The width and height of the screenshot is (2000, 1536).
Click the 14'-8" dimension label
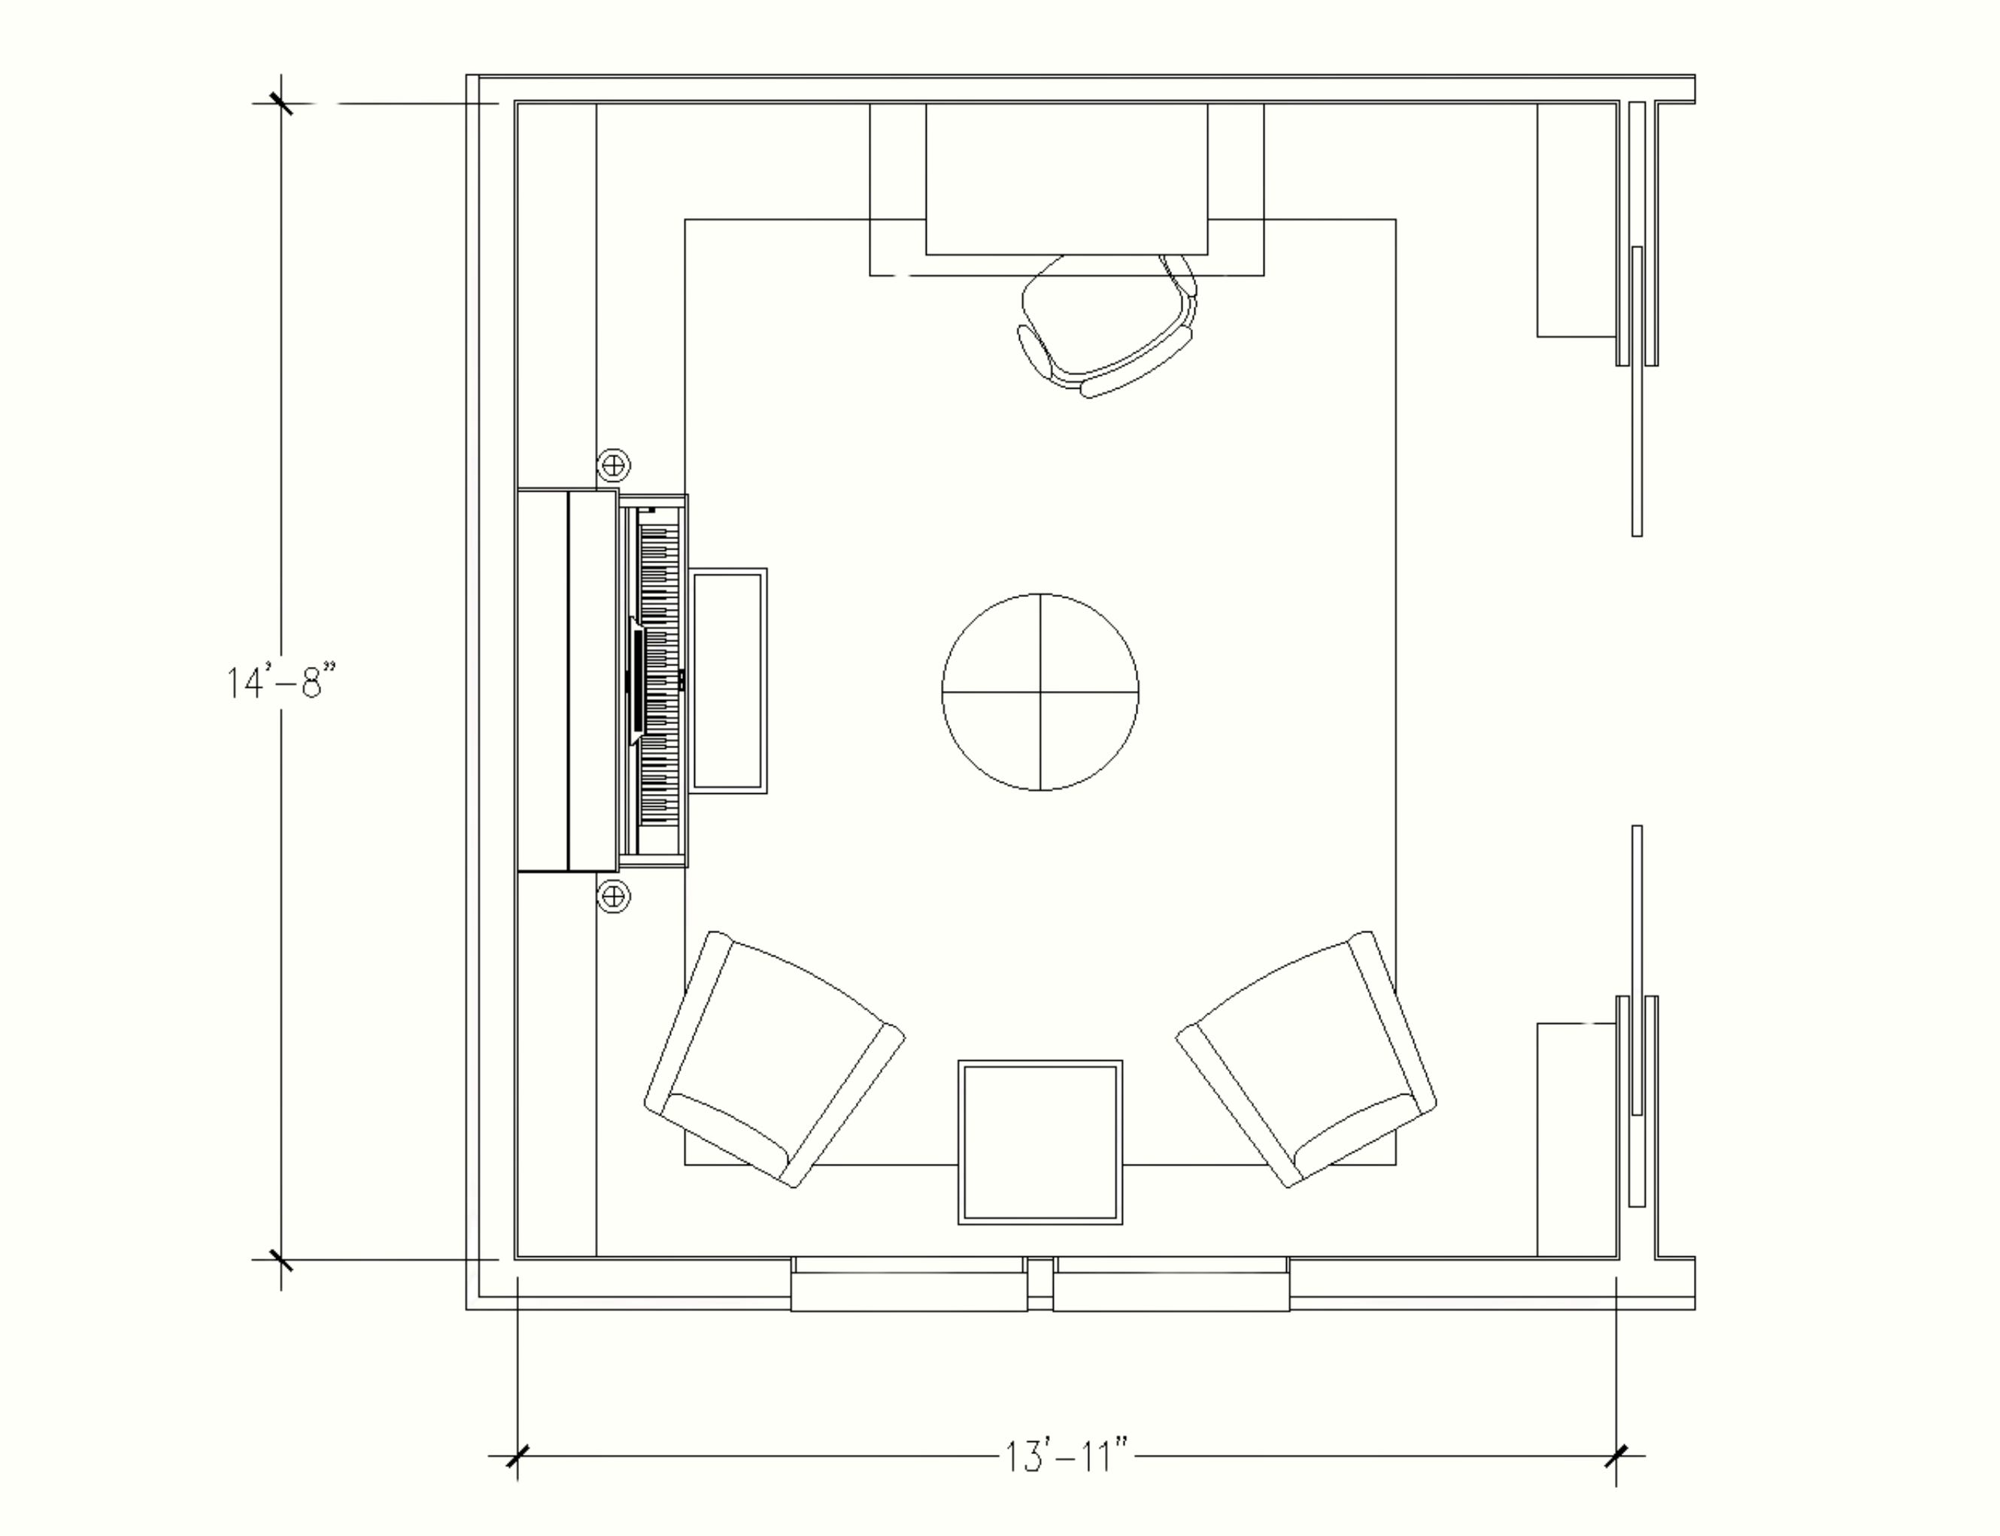coord(281,682)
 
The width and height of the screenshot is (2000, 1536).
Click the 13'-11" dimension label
coord(1067,1456)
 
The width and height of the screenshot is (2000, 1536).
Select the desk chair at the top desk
coord(1106,326)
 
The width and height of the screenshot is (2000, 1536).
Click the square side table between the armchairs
coord(1039,1142)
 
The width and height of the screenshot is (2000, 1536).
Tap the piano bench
coord(728,681)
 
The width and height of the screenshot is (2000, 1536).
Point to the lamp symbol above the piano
coord(614,465)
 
